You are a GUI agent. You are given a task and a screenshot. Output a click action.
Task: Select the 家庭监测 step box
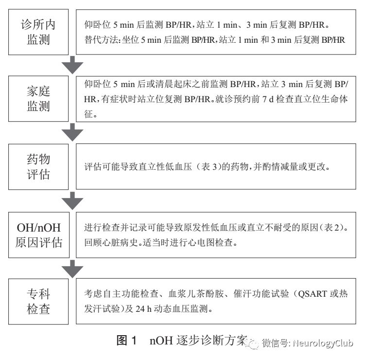coord(38,99)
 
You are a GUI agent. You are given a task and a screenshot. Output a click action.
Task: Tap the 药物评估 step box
coord(38,167)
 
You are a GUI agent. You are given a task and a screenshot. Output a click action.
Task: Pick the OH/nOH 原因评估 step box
coord(38,234)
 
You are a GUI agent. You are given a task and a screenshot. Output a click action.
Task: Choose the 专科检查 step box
coord(38,302)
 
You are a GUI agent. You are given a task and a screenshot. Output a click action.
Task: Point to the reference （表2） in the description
coord(342,228)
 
